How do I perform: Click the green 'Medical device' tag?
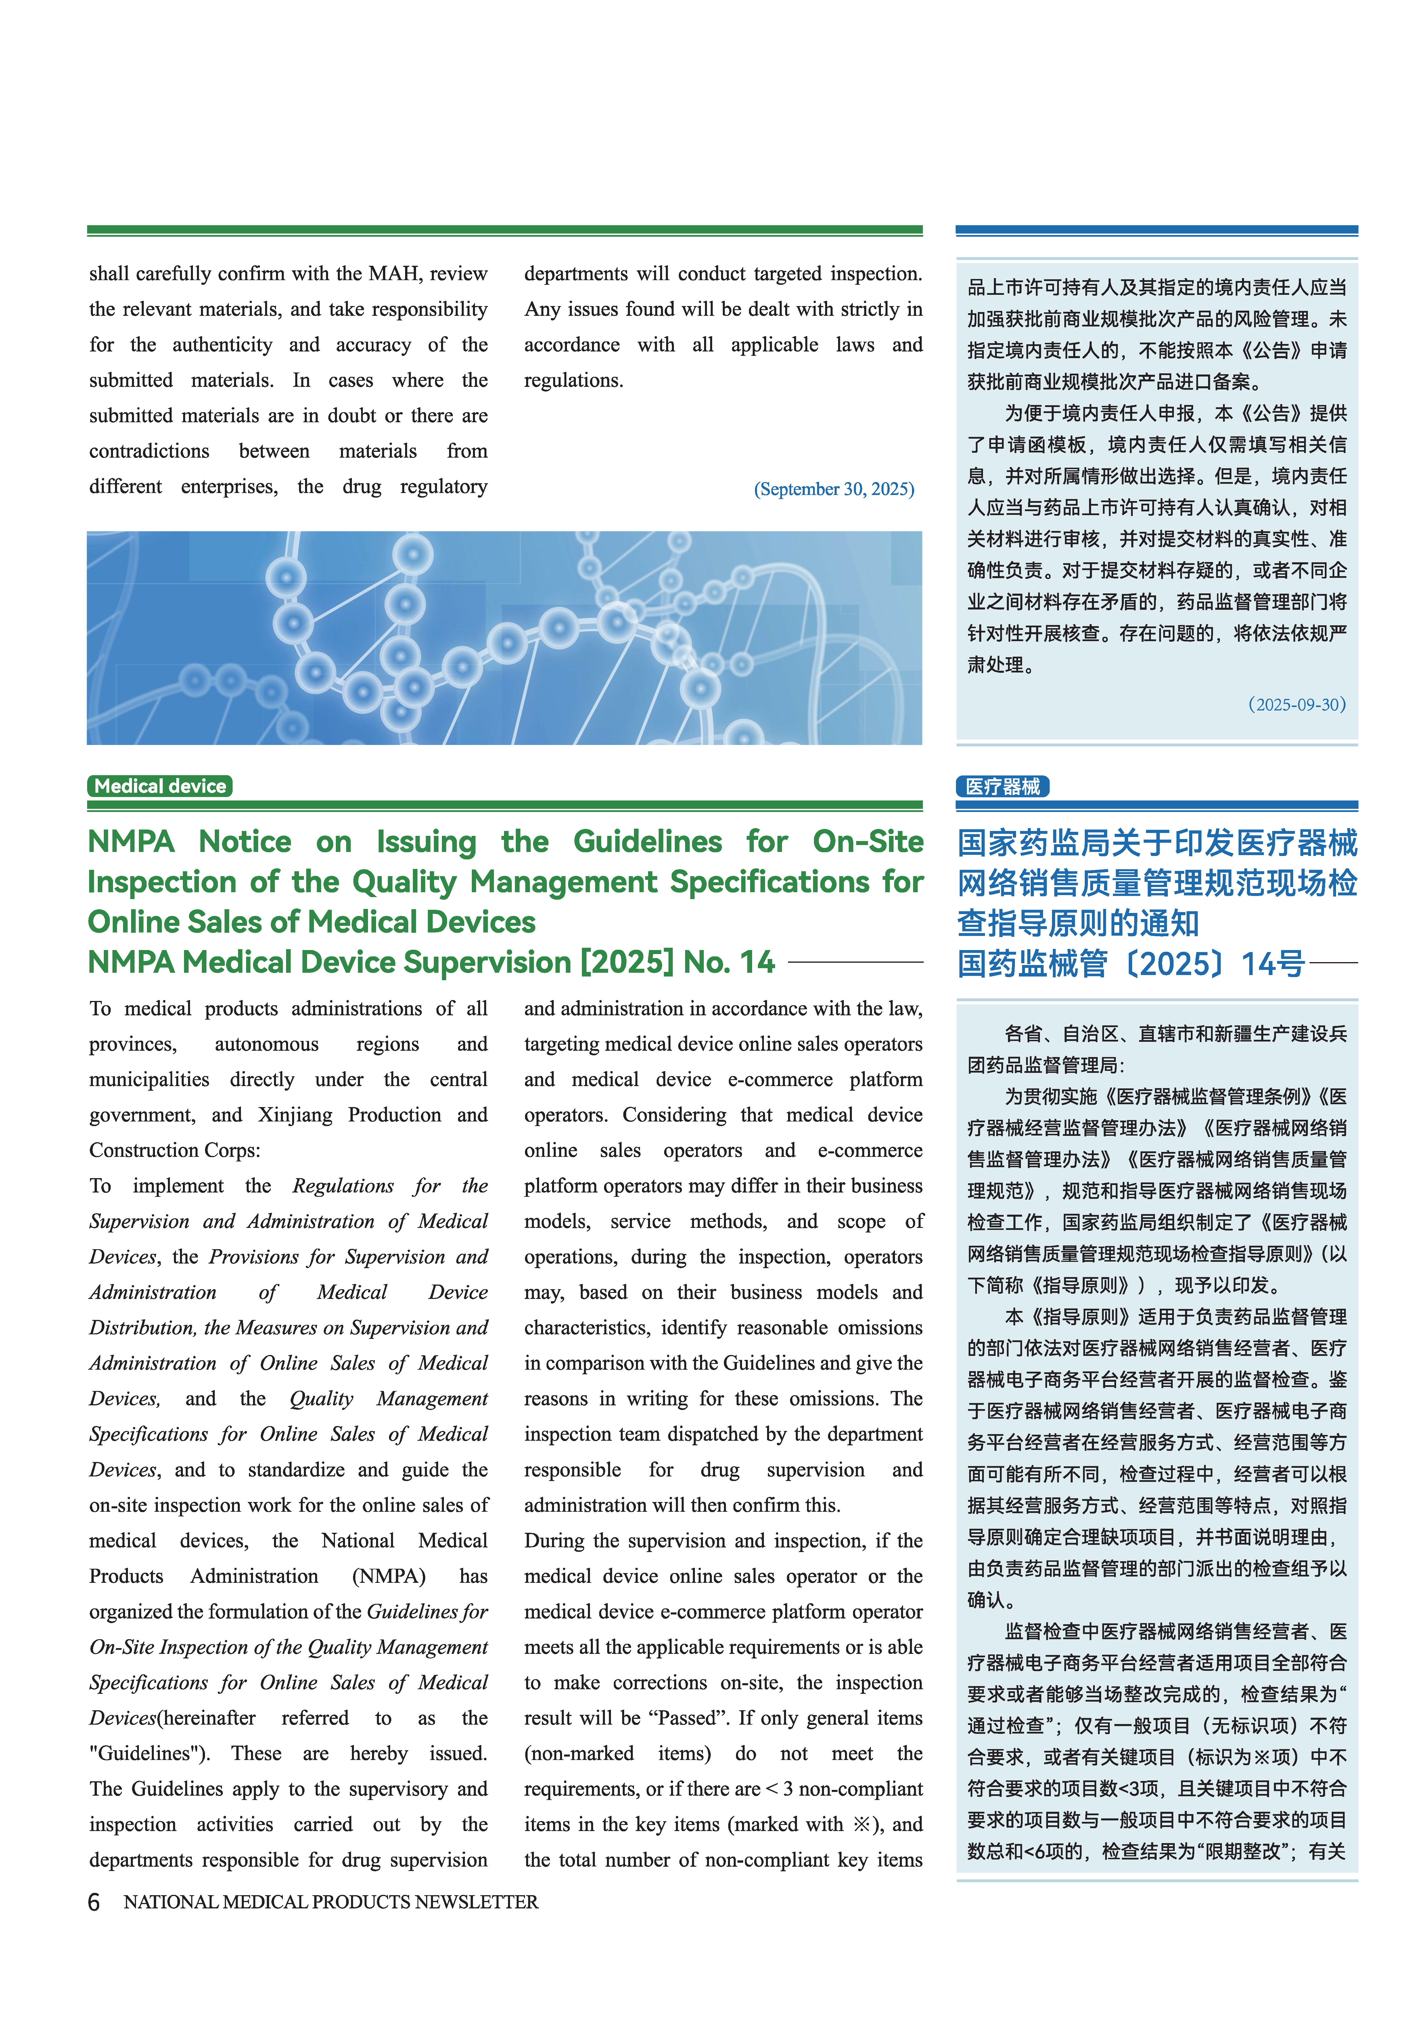point(160,786)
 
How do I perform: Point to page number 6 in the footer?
point(94,1902)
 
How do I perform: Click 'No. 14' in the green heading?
point(729,962)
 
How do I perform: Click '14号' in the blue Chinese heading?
point(1273,964)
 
